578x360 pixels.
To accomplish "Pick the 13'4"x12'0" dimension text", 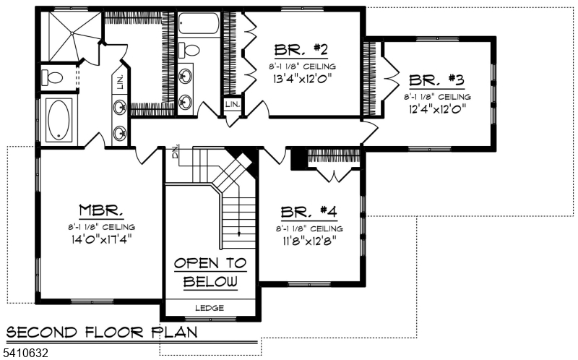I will click(301, 79).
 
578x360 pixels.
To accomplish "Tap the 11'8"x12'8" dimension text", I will click(309, 241).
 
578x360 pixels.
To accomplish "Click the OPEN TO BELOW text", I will click(210, 272).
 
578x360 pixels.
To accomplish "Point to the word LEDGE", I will click(210, 308).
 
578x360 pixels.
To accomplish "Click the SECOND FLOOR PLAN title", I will click(101, 333).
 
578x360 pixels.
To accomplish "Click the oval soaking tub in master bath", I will click(59, 120).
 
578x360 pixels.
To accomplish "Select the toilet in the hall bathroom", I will click(189, 51).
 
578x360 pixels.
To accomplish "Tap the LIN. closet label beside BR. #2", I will click(232, 105).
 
